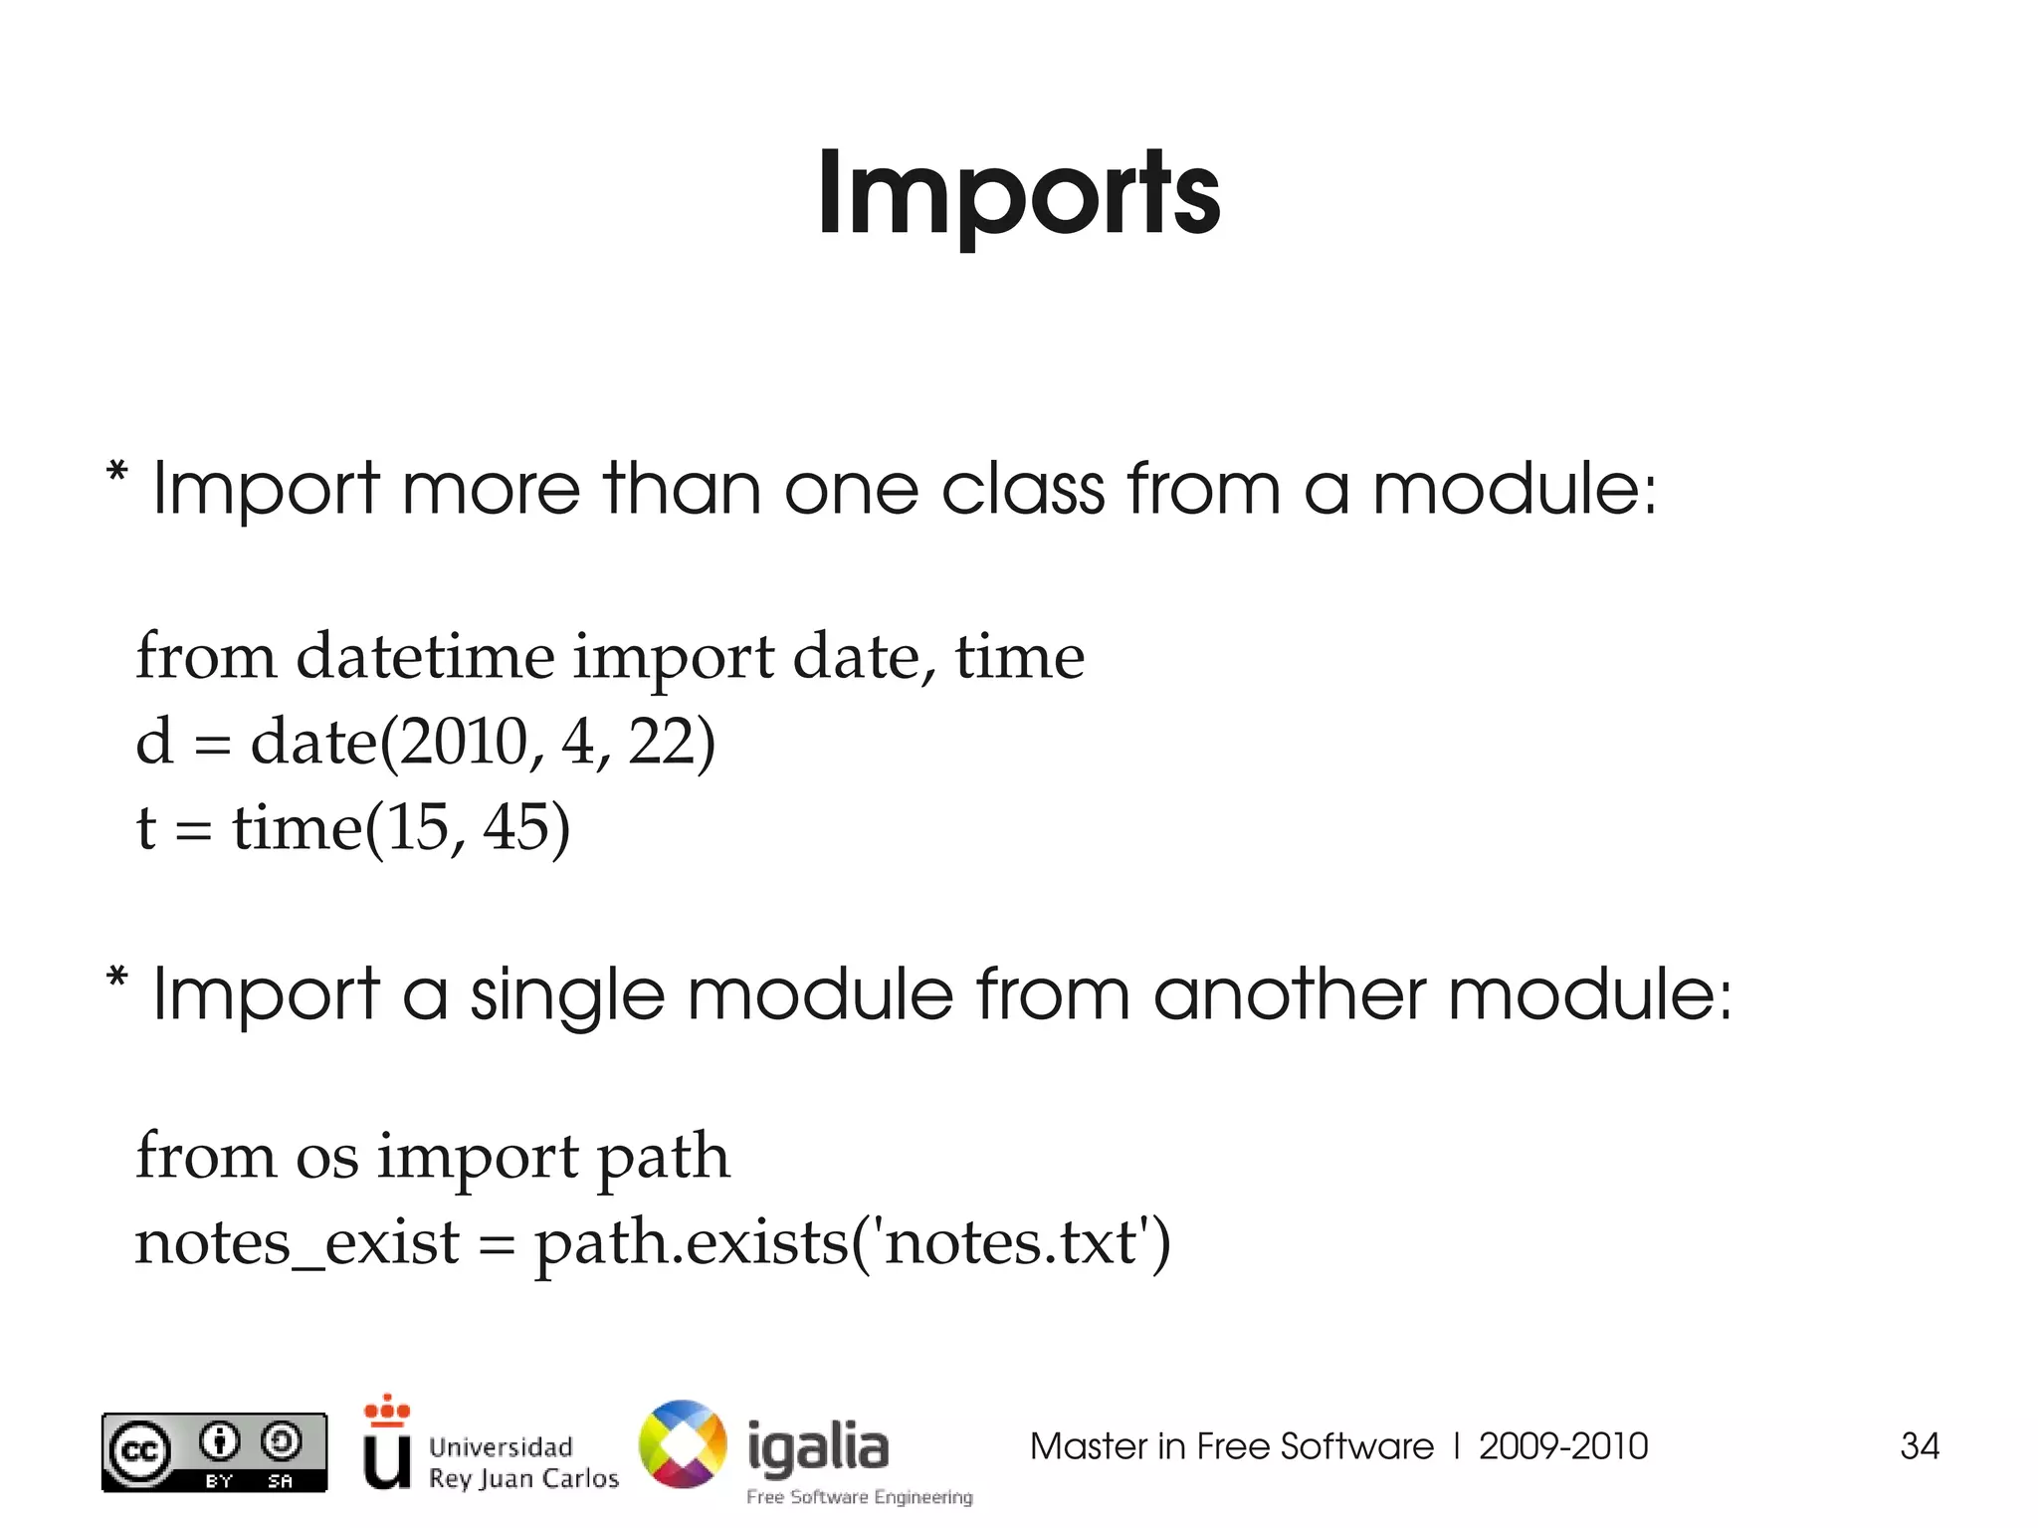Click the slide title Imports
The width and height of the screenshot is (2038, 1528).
pos(1018,194)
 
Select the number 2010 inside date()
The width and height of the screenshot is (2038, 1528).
pos(462,743)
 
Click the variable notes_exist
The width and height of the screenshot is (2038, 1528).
pos(297,1243)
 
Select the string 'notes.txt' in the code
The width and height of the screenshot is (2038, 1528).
pos(1010,1243)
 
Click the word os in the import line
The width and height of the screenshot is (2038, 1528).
pos(326,1158)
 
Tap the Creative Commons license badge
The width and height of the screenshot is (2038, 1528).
pos(214,1452)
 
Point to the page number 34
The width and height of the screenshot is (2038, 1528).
pos(1919,1446)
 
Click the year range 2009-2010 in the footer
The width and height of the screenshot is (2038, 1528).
pos(1563,1446)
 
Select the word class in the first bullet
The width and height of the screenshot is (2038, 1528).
pos(1022,490)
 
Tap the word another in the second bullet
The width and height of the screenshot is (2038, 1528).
pos(1289,994)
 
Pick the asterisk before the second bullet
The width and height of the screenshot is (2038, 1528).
pos(117,977)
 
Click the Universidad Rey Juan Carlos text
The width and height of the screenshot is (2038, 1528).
pos(522,1462)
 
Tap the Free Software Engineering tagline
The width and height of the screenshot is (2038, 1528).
pos(860,1497)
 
